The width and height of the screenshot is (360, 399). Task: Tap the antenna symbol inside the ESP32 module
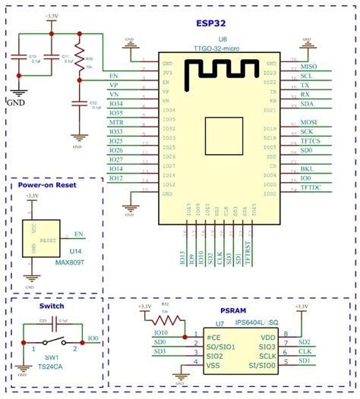[x=221, y=72]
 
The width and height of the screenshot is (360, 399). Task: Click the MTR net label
[x=116, y=121]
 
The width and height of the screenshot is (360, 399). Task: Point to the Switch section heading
[x=51, y=306]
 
